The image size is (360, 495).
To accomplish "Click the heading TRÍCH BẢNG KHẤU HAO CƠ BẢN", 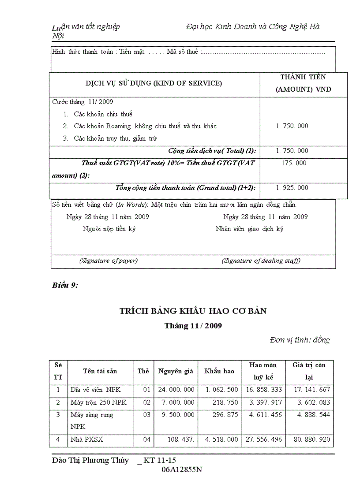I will [x=193, y=311].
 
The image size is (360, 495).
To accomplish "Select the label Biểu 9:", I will [x=65, y=285].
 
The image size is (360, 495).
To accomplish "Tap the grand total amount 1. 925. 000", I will [x=292, y=188].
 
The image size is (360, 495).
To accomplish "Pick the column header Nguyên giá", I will [x=176, y=371].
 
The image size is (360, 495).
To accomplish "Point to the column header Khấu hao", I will [x=219, y=371].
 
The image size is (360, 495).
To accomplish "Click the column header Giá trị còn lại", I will [x=309, y=371].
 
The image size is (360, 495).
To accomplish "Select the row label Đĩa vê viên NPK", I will [x=95, y=390].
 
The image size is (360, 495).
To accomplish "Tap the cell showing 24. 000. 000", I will [x=176, y=390].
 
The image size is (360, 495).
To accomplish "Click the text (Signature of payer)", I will [x=109, y=261].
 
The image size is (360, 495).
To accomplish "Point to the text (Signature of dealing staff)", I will [x=261, y=261].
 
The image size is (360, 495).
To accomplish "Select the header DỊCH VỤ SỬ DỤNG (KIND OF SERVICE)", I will [x=154, y=83].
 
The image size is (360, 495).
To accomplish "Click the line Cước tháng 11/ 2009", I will [x=82, y=102].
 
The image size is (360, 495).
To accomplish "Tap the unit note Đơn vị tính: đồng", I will [x=300, y=340].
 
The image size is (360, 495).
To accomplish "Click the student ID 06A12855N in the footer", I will [x=182, y=469].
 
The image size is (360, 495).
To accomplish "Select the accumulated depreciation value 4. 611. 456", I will [x=263, y=415].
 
